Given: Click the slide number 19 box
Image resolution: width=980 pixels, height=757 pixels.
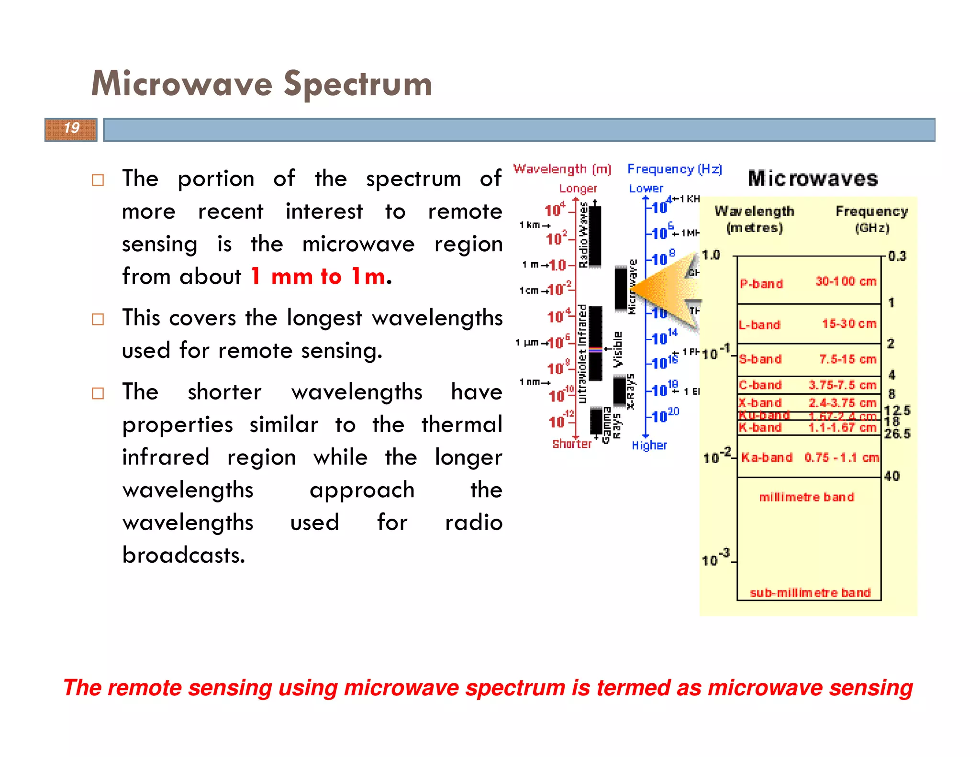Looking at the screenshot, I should coord(71,129).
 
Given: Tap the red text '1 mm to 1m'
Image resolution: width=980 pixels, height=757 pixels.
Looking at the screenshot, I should coord(318,276).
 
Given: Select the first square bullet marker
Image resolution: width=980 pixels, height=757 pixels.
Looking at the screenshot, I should coord(98,180).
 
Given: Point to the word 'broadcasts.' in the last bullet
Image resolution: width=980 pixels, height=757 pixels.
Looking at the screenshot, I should coord(184,555).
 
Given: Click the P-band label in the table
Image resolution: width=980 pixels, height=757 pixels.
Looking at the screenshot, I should coord(761,284).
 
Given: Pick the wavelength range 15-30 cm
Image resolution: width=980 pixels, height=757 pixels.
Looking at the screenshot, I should coord(849,324).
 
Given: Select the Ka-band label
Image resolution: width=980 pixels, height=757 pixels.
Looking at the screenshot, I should coord(767,457).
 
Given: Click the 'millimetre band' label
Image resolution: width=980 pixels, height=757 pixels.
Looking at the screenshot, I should coord(806,497).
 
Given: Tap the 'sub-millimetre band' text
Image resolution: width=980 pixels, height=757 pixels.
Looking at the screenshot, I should coord(810,593).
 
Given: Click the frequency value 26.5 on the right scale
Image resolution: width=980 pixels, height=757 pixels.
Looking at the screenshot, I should coord(897,434).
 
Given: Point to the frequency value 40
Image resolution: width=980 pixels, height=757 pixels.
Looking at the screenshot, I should coord(892,476).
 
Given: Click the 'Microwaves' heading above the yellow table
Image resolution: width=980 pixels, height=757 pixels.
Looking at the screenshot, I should coord(813,178).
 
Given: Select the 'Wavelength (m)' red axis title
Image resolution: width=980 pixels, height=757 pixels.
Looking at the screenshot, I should coord(562,169).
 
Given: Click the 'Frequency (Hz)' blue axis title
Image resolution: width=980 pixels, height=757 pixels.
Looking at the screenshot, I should coord(675,169).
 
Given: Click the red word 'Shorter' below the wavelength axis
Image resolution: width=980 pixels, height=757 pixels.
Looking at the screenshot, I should coord(572,444).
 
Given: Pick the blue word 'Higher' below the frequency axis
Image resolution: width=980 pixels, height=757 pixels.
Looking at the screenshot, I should coord(649,445).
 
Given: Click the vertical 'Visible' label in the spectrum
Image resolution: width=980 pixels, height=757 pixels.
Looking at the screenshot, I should coord(618,349).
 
